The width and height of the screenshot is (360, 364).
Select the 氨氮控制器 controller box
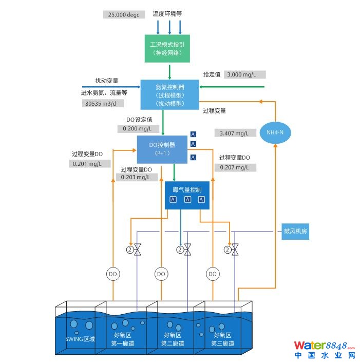[169, 94]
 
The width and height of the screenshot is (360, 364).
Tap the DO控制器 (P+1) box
[162, 149]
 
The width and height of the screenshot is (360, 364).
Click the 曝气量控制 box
[187, 195]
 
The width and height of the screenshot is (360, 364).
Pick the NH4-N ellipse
[275, 133]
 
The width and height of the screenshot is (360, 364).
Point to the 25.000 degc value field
[124, 15]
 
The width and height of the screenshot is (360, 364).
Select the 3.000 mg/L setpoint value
[246, 74]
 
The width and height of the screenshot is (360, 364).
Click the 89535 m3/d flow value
[103, 103]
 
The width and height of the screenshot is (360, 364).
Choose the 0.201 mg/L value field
[89, 164]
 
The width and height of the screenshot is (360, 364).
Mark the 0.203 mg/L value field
[137, 177]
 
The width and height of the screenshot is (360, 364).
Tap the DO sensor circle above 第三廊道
[213, 274]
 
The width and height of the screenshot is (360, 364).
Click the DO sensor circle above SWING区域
[113, 274]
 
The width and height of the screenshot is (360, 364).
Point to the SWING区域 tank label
[80, 339]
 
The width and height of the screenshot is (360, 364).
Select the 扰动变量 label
[106, 81]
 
